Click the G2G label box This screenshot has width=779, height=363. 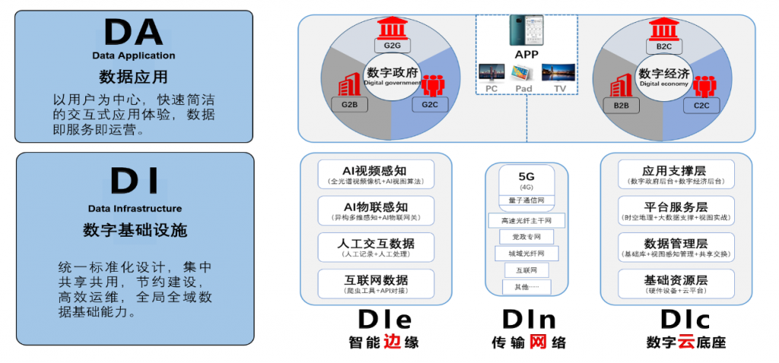tap(392, 46)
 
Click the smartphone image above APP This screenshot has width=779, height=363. tap(526, 33)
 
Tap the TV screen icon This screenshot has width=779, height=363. tap(558, 73)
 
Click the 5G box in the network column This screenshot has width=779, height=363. tap(526, 180)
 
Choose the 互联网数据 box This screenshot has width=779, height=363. tap(376, 283)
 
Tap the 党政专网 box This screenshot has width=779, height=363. tap(526, 237)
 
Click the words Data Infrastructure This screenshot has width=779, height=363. tap(134, 209)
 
